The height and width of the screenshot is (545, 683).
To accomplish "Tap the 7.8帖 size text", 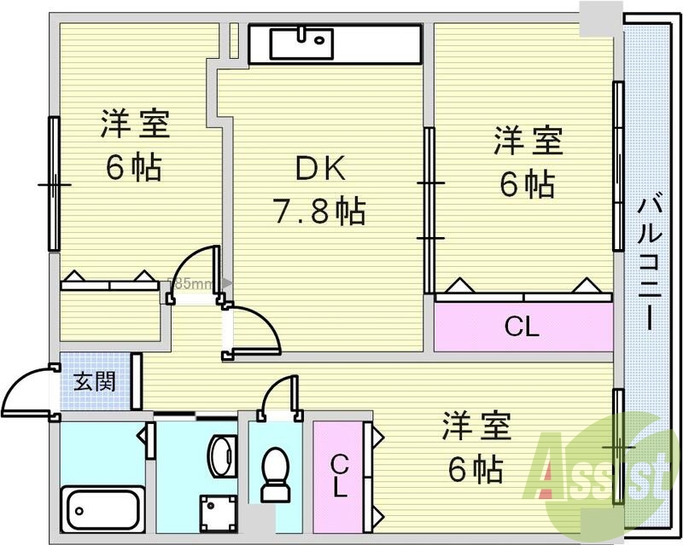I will (319, 209).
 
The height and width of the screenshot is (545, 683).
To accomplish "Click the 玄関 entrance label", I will (94, 381).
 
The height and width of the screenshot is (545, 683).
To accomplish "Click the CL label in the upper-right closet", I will (521, 326).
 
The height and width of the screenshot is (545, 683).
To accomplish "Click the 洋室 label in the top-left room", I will (135, 125).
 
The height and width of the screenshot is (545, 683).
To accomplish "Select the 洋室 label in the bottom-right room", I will (476, 426).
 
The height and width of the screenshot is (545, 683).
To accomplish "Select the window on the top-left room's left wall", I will (53, 183).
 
